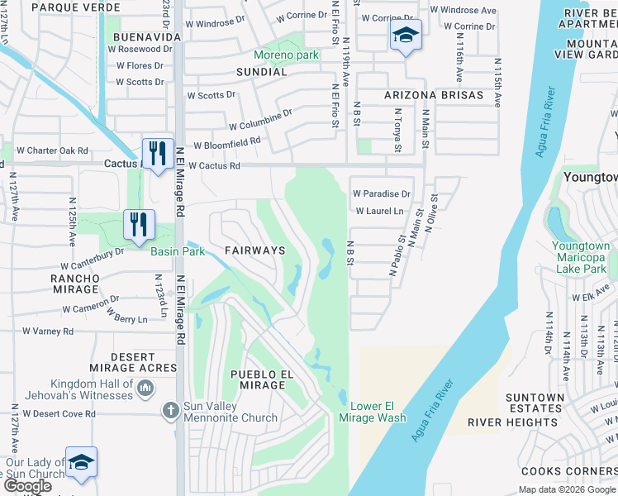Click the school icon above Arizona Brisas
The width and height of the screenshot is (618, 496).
click(405, 36)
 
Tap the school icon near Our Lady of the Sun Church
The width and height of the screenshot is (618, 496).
click(81, 463)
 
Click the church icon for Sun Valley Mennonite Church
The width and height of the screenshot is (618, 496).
click(170, 410)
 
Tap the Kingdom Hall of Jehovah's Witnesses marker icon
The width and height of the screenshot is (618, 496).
click(145, 388)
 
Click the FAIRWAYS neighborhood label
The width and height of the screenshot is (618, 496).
click(255, 250)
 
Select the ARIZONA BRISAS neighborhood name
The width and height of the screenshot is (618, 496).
click(434, 95)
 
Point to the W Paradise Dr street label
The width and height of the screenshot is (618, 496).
click(381, 193)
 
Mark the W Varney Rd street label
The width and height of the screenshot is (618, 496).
click(47, 331)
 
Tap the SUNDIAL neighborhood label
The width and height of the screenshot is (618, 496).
click(262, 72)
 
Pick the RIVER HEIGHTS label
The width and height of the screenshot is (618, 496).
click(502, 422)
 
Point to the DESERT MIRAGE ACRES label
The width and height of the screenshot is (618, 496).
click(132, 362)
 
